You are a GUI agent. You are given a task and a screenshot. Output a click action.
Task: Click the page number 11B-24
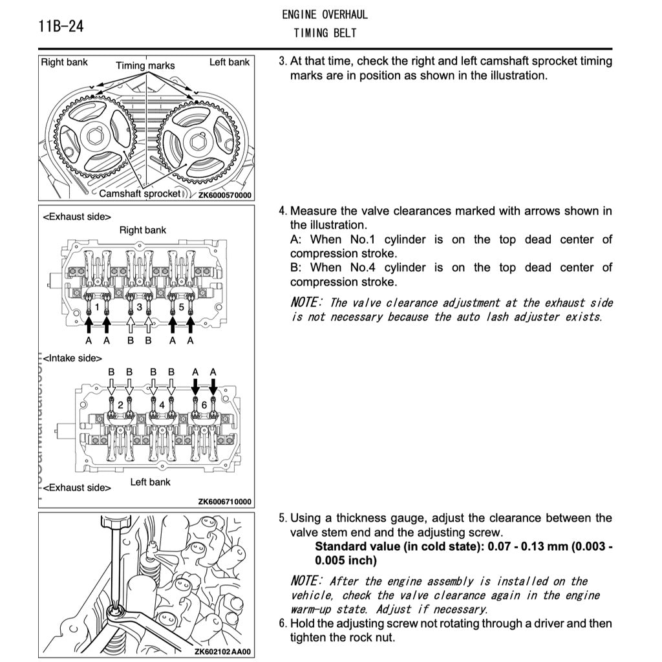pos(61,27)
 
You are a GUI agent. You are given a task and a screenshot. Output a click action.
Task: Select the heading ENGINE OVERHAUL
pos(325,15)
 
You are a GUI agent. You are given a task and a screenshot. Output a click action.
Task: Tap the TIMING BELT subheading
pos(325,32)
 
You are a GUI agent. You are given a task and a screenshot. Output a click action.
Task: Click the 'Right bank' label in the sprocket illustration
pos(64,63)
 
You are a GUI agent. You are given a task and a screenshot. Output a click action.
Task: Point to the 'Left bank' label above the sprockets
pos(229,63)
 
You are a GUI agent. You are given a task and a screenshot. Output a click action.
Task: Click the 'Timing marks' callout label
pos(145,65)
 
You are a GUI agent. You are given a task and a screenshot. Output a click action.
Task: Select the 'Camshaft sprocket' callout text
pos(140,193)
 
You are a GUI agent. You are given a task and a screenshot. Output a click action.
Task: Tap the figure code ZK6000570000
pos(224,195)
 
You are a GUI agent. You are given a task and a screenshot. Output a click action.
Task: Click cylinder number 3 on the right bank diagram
pos(139,308)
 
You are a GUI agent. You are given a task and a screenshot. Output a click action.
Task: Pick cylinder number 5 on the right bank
pos(182,308)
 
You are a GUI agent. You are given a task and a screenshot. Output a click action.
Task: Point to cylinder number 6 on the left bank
pos(204,403)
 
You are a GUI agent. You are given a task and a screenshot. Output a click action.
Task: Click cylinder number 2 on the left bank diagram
pos(120,403)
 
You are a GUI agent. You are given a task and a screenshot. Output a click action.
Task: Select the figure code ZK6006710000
pos(224,501)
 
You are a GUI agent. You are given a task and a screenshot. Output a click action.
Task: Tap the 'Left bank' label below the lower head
pos(150,482)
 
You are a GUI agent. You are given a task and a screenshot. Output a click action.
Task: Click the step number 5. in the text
pos(283,518)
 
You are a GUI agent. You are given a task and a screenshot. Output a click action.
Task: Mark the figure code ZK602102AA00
pos(222,652)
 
